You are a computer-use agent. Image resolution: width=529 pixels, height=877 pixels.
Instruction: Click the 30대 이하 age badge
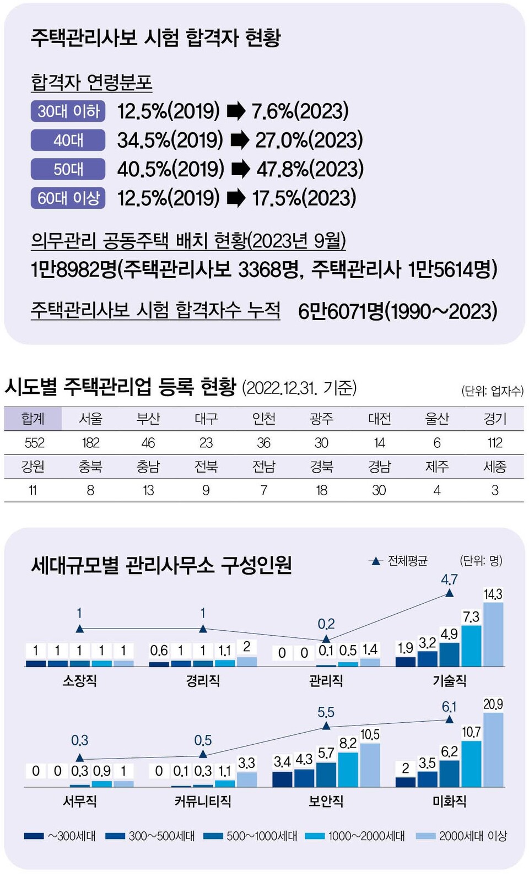coord(68,111)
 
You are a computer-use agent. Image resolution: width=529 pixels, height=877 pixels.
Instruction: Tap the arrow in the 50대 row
coord(240,169)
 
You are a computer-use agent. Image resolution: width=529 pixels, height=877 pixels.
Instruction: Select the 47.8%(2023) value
coord(310,169)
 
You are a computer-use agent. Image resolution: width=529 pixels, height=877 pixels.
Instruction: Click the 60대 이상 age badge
coord(68,198)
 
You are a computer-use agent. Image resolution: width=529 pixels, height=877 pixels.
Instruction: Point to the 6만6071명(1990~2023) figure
coord(397,311)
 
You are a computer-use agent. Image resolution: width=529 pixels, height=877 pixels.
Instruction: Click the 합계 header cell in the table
coord(33,419)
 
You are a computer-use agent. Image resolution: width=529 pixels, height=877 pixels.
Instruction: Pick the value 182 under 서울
coord(90,443)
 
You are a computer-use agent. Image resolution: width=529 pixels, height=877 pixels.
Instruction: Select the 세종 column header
coord(494,467)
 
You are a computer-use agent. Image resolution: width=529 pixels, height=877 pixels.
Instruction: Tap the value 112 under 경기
coord(494,443)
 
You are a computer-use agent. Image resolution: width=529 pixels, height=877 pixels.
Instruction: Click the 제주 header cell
coord(436,467)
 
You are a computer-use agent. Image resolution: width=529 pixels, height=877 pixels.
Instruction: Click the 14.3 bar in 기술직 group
coord(493,635)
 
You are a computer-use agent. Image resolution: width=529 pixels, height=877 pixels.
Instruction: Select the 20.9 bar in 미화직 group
coord(493,749)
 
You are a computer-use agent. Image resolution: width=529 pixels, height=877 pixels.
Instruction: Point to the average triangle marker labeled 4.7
coord(449,593)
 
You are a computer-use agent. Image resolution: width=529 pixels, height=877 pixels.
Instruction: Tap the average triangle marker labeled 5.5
coord(326,726)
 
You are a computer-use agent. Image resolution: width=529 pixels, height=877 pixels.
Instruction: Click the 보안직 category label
coord(326,801)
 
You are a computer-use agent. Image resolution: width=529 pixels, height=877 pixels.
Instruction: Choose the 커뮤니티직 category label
coord(203,801)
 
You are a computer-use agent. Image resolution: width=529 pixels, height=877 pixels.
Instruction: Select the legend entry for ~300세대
coord(61,836)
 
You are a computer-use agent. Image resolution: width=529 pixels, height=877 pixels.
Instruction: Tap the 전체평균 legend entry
coord(399,561)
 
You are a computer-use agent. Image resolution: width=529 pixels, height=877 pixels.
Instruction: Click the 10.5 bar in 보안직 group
coord(370,765)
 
